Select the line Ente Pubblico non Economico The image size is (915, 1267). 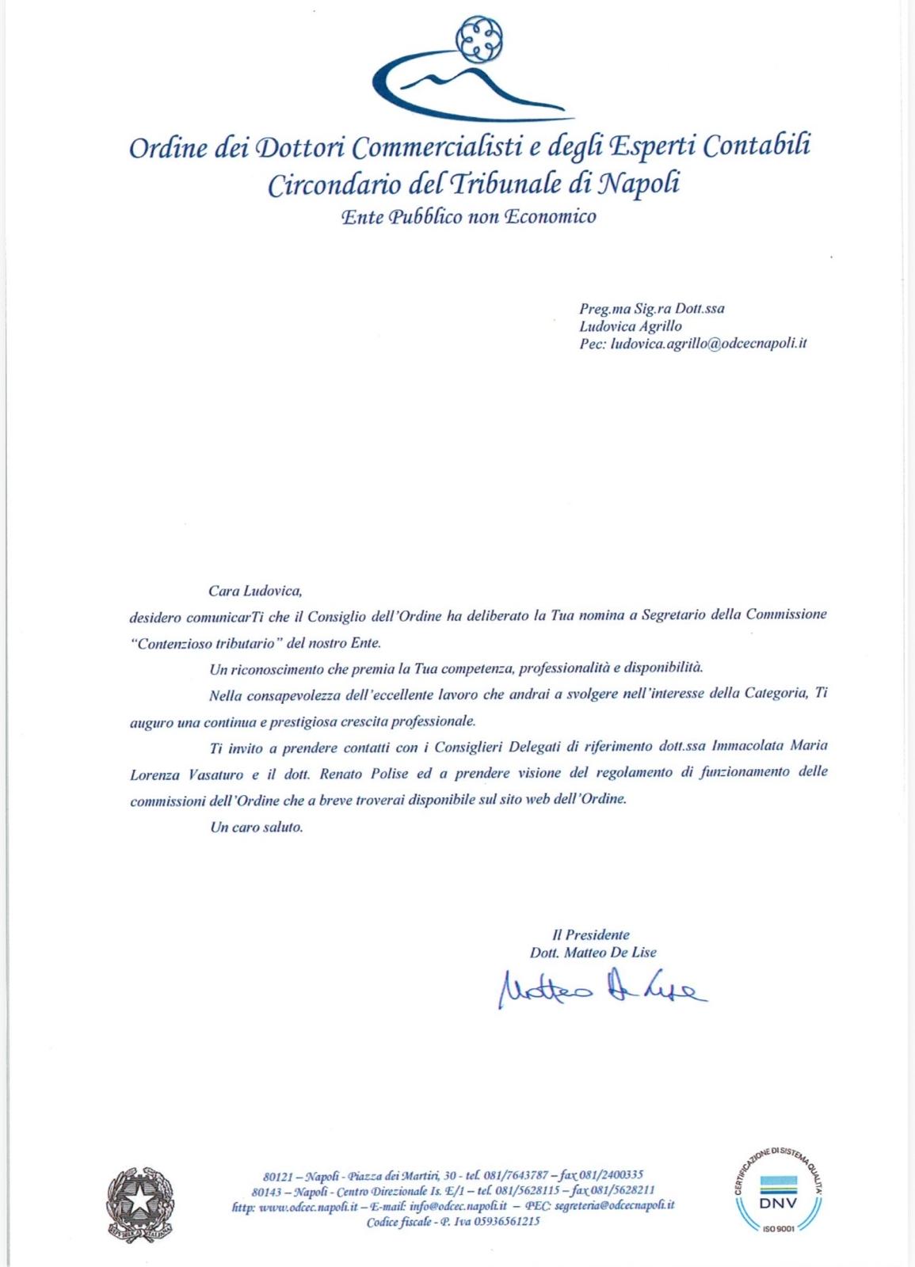[x=468, y=216]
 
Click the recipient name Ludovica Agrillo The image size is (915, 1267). [x=630, y=325]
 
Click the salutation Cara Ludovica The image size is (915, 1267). [x=255, y=590]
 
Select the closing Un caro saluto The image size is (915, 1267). [x=256, y=827]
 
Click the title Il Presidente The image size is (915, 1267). [x=591, y=934]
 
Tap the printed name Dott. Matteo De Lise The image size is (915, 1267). [x=593, y=953]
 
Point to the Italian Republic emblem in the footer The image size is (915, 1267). [x=140, y=1203]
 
